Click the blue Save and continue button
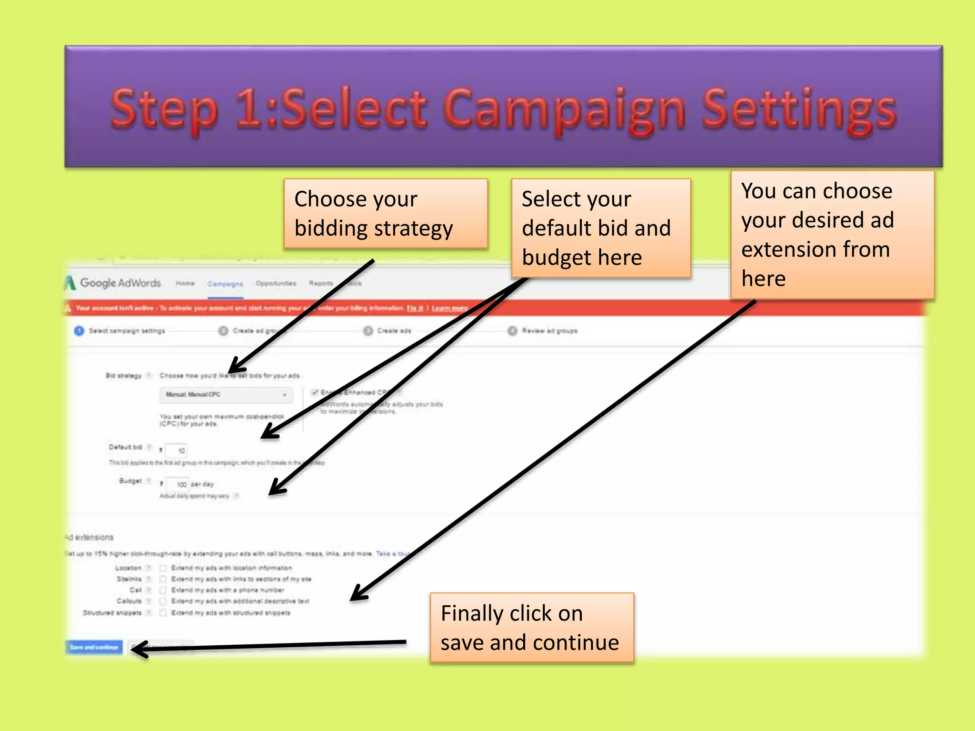(94, 647)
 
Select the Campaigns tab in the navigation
(225, 284)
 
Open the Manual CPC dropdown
(226, 395)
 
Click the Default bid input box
(177, 450)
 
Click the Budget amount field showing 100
(178, 484)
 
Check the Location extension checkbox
(163, 568)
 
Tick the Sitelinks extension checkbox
(163, 579)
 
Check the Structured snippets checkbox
(163, 613)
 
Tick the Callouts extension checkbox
(163, 602)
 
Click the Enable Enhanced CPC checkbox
(314, 392)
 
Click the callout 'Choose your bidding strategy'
(386, 214)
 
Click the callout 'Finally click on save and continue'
(532, 628)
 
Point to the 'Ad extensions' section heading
(90, 537)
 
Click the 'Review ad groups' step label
(549, 331)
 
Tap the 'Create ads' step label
(394, 331)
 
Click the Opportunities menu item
(276, 284)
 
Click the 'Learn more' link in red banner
(449, 308)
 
